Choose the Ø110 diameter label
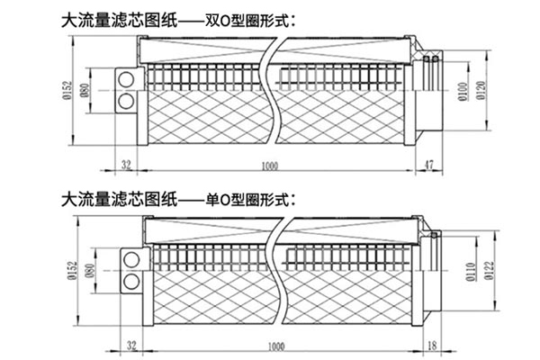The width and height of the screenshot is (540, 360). point(470,270)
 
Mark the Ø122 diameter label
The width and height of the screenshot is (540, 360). point(490,270)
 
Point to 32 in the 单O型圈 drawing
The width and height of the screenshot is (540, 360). point(132,345)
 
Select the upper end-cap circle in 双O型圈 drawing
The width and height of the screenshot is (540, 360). point(124,80)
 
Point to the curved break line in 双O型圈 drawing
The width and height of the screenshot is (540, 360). point(274,90)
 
